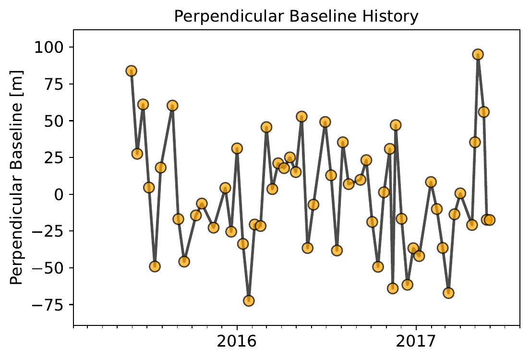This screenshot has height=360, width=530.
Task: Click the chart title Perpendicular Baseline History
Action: pos(296,17)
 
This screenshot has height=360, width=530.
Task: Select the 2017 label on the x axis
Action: pos(416,342)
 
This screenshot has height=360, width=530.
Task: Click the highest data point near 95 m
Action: pos(478,54)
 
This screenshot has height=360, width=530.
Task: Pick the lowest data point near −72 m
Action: pos(249,301)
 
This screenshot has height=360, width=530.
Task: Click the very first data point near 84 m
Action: pos(131,71)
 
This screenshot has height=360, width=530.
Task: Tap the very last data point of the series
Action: pos(490,220)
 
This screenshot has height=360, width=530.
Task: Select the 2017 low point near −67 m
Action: pos(448,293)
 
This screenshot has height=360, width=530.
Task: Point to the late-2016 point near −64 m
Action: pos(393,288)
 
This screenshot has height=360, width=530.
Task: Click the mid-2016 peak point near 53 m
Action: pos(301,117)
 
